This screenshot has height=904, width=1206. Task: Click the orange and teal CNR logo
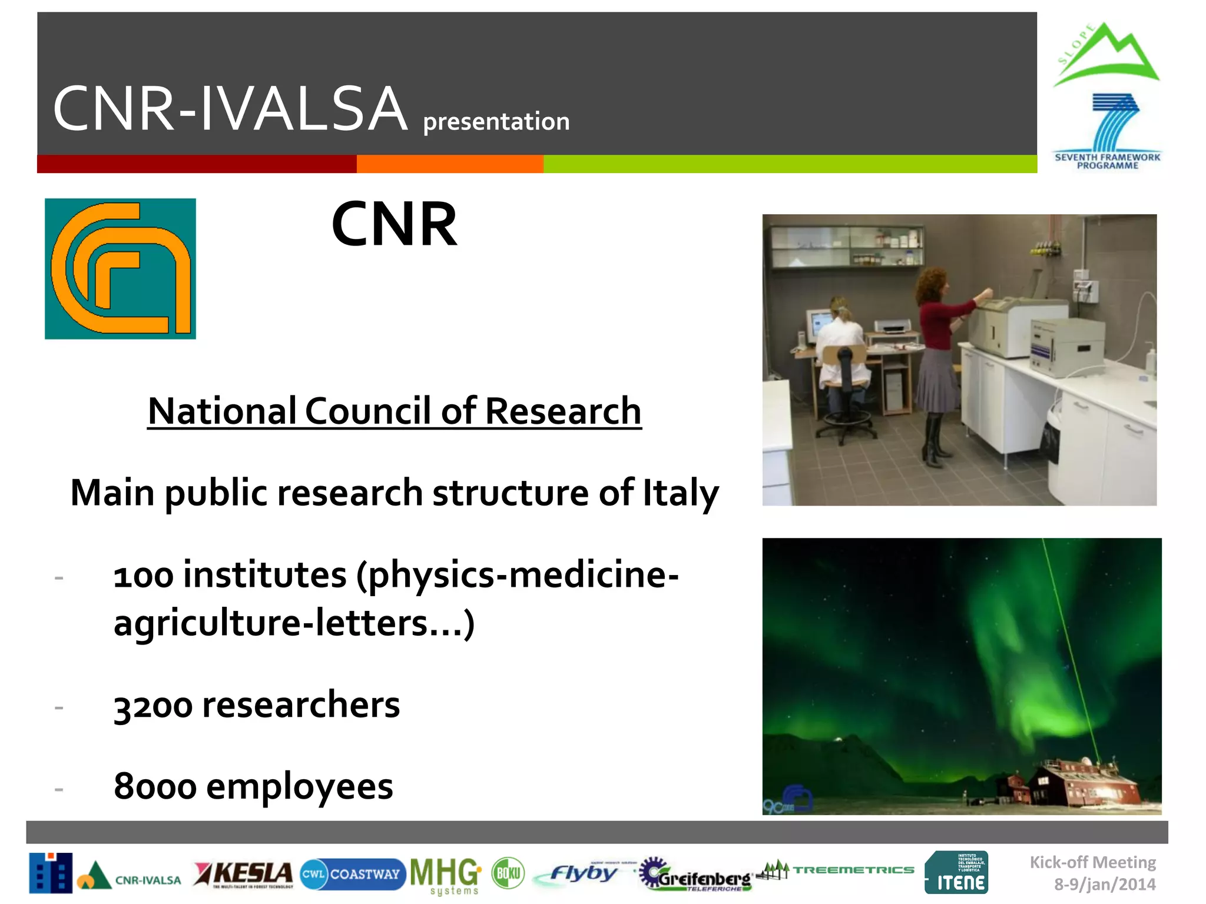pos(120,268)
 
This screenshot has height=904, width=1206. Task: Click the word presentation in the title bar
pos(496,121)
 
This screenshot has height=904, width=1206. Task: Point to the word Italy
pos(680,493)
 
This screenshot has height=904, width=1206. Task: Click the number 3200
pos(153,706)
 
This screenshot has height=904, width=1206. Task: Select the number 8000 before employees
pos(155,787)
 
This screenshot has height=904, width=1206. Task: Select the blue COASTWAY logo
pos(352,874)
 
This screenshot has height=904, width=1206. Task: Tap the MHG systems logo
pos(446,875)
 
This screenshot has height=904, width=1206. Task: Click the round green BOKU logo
pos(508,873)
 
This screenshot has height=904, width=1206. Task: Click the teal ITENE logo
pos(956,873)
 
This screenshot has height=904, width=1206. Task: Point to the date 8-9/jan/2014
pos(1104,884)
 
